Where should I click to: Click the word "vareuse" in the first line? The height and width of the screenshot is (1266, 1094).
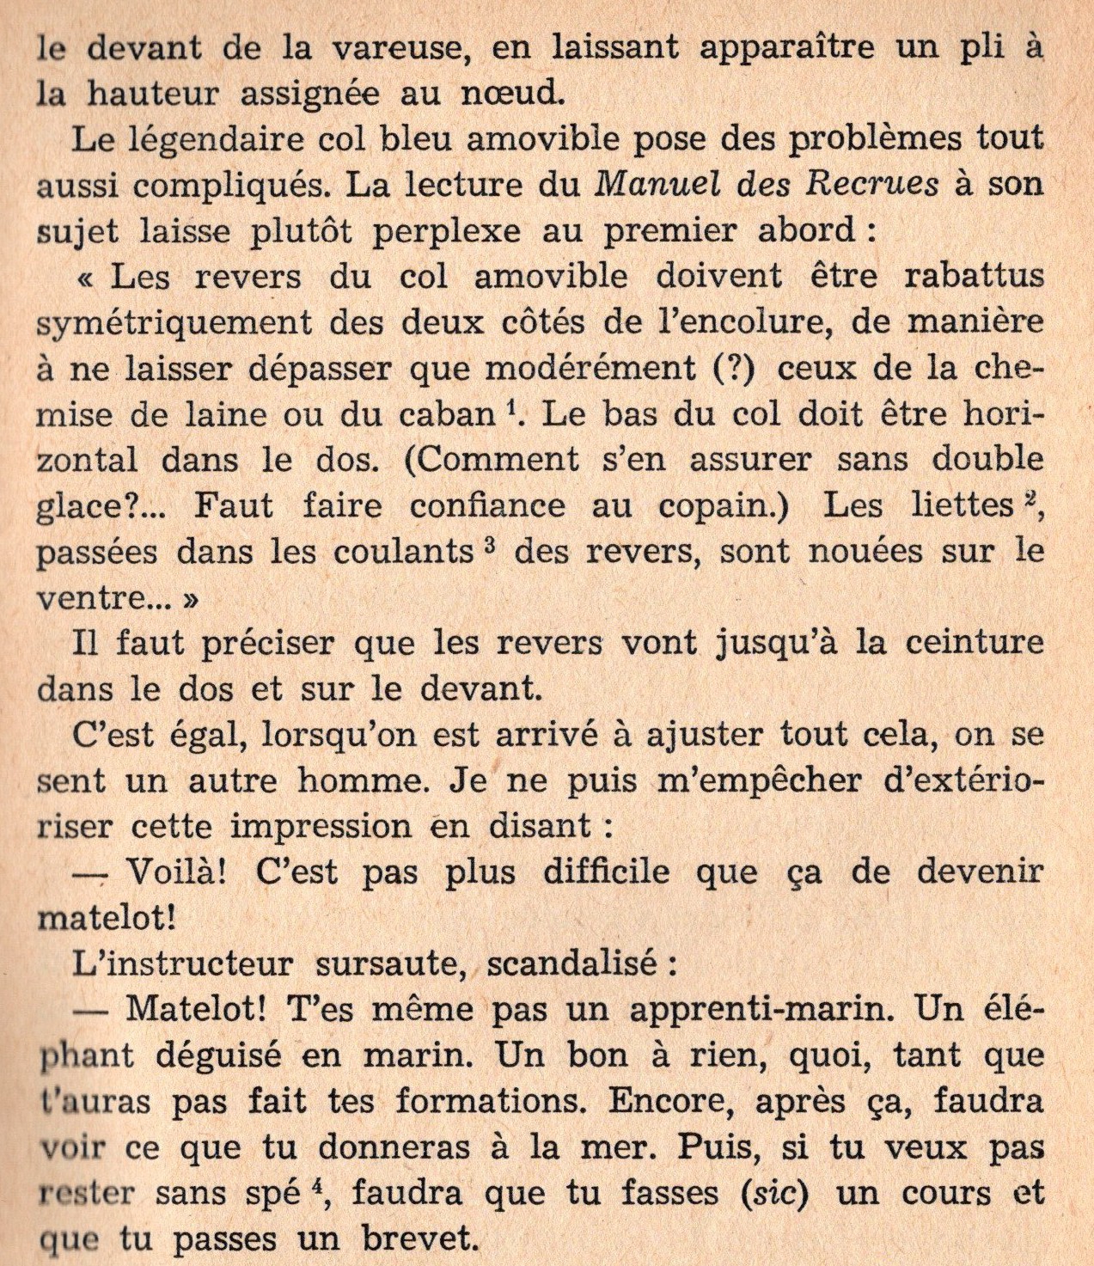point(385,47)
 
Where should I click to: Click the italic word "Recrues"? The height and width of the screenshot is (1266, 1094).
point(864,185)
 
